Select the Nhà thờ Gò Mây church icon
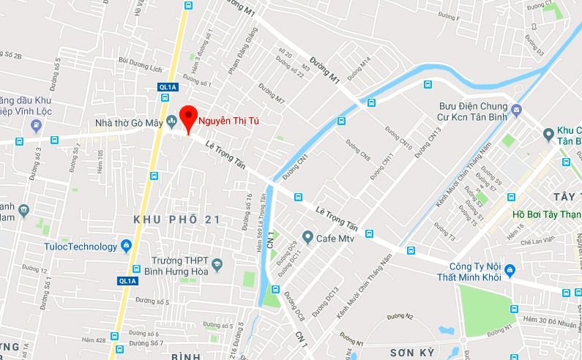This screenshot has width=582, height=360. coord(171,121)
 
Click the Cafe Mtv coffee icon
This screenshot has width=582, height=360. coord(308,237)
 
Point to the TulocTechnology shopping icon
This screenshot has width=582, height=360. coord(127,247)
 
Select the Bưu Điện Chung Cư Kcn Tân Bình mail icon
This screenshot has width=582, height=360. coord(517,110)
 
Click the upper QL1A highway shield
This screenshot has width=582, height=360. coord(168,87)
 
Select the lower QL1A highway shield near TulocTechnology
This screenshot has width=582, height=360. coord(127,280)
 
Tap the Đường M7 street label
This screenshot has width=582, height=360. coord(272,92)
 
